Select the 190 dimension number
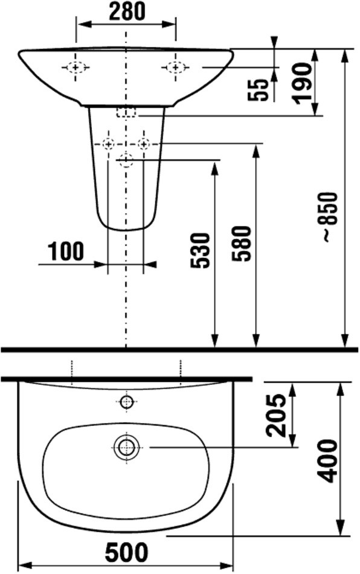pos(302,83)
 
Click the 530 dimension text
pos(200,250)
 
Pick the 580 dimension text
pos(242,243)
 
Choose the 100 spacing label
pos(66,251)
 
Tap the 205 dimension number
pos(275,415)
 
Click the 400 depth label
pos(326,461)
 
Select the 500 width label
pos(127,552)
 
